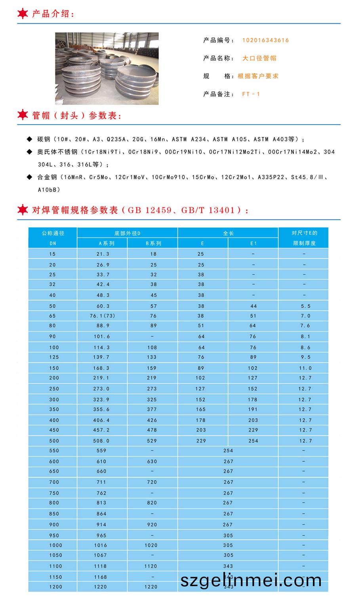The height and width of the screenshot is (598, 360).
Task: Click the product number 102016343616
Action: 265,40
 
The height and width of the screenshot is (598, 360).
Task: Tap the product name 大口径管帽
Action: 259,58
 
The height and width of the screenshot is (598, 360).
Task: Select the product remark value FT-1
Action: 251,94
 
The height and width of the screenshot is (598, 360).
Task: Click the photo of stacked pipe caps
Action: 107,68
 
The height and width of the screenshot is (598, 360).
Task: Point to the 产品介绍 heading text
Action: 53,14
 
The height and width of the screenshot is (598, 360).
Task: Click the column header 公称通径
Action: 53,233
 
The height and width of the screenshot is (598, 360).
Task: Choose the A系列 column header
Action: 102,243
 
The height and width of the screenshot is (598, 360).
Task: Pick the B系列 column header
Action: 153,243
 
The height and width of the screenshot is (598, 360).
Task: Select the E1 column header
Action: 253,243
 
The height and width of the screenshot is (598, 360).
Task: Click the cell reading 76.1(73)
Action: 102,316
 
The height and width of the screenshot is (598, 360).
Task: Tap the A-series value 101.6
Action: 102,336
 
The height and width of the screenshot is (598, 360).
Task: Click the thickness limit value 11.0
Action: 305,368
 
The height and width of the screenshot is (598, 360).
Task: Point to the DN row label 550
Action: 54,450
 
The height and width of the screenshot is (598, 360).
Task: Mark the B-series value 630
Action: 152,461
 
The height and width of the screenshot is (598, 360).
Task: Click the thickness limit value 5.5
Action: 305,306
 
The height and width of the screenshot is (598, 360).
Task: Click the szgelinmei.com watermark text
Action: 251,581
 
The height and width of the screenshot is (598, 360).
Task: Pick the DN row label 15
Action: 53,254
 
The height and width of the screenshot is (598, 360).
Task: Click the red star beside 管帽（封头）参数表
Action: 23,115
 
